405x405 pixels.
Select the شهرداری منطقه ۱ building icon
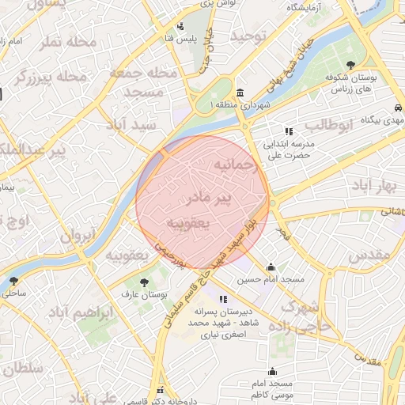point(240,93)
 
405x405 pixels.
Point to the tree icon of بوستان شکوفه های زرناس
point(351,66)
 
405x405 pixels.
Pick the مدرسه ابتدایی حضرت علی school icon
point(289,131)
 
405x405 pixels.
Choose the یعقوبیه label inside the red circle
point(188,224)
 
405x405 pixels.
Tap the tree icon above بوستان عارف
point(143,282)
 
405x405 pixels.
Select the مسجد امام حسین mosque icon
point(271,267)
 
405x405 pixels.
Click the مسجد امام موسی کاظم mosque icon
point(273,372)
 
